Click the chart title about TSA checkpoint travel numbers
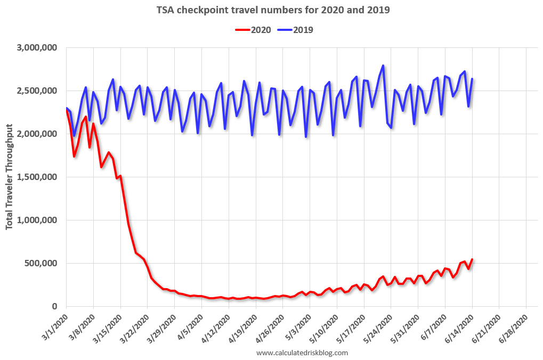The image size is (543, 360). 272,10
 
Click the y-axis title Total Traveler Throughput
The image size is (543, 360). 10,177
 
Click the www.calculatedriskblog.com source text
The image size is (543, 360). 302,353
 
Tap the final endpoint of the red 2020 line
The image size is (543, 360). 472,259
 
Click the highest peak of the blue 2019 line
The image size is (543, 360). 383,66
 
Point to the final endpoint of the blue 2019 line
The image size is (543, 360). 472,79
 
